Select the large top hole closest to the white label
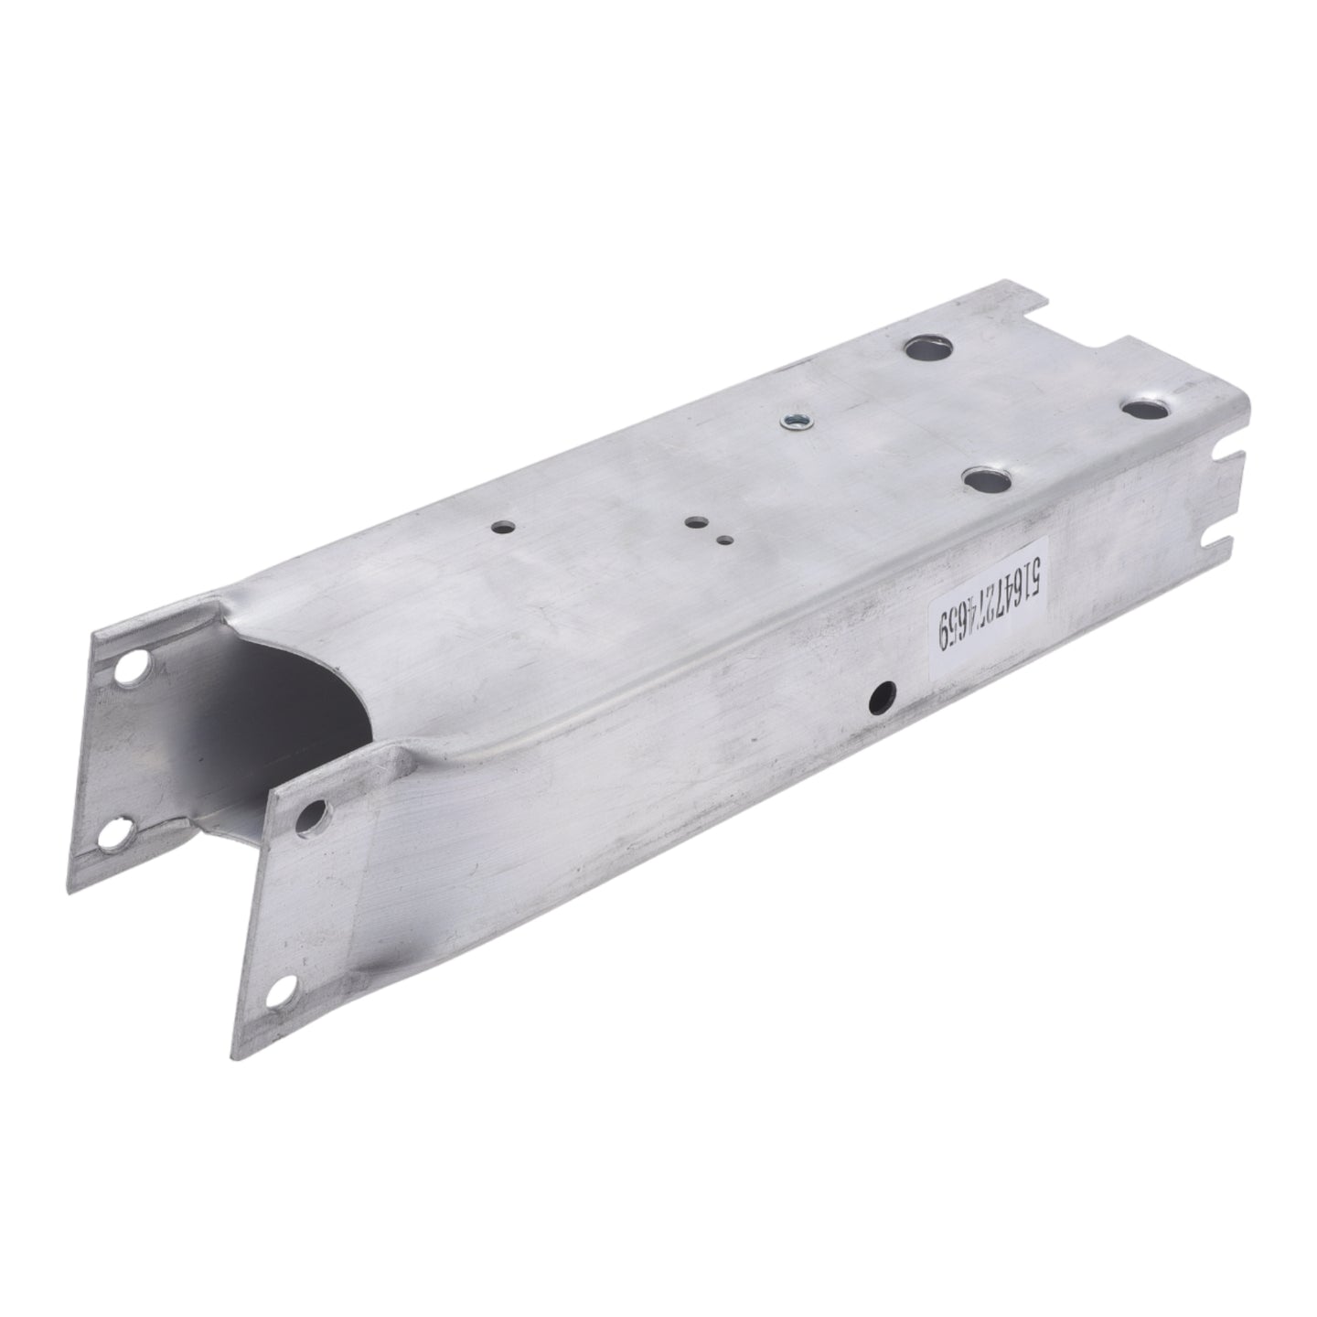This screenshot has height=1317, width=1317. coord(987,481)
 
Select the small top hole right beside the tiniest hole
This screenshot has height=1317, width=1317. coord(697,523)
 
